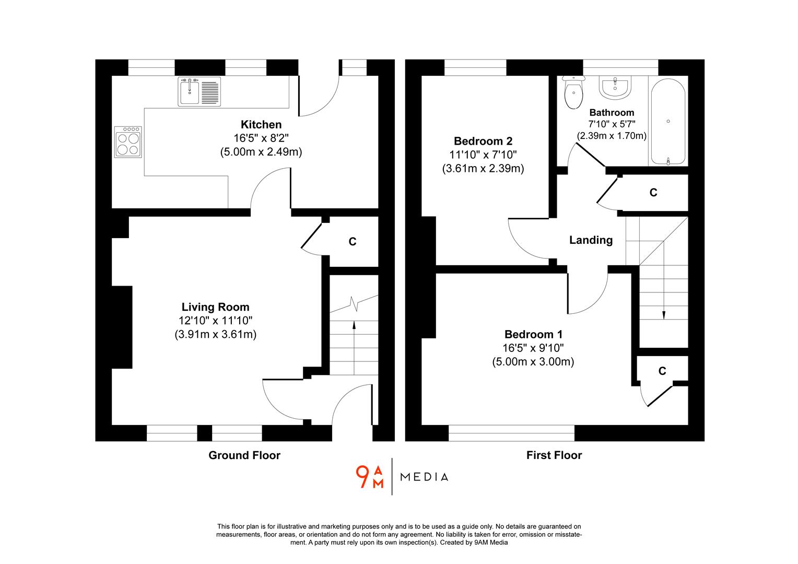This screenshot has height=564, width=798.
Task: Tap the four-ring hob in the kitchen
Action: tap(128, 142)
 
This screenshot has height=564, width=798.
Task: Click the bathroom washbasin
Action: tap(615, 87)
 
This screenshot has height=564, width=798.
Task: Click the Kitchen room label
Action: tap(261, 124)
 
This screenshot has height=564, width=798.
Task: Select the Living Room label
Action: tap(215, 307)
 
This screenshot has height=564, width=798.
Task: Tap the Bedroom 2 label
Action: tap(483, 141)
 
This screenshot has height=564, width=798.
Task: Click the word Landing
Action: tap(591, 240)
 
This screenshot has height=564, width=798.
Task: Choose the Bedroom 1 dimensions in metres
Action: tap(533, 362)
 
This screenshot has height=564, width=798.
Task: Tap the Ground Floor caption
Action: tap(244, 455)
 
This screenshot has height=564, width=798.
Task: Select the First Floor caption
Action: tap(554, 455)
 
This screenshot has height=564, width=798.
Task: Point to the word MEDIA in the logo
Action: tap(424, 477)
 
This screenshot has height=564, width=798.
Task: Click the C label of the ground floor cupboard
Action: tap(353, 242)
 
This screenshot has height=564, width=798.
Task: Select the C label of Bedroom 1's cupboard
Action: tap(662, 371)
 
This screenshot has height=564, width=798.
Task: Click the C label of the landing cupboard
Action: tap(653, 193)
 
